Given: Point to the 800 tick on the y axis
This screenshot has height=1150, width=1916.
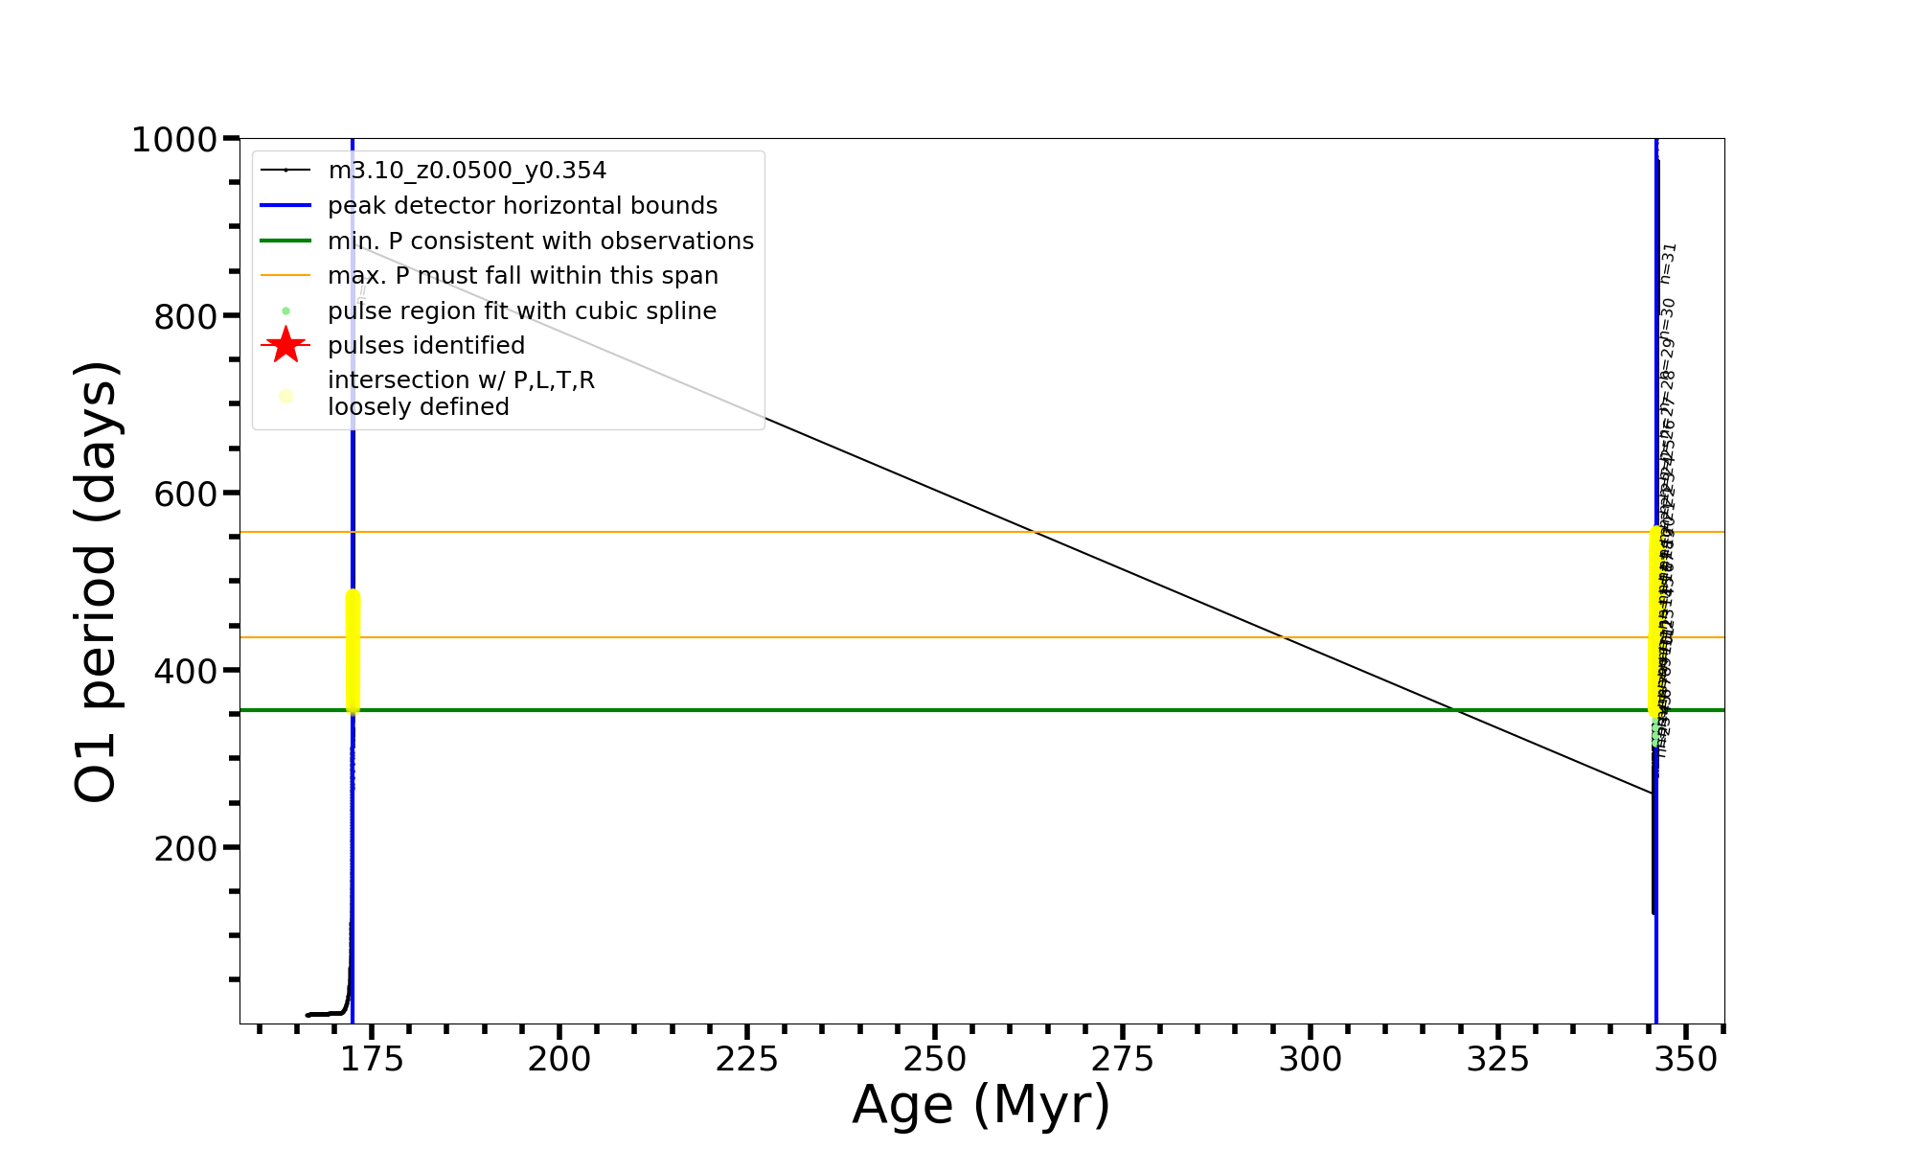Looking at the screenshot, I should pos(186,316).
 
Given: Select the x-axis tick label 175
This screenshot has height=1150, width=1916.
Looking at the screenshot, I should pos(371,1060).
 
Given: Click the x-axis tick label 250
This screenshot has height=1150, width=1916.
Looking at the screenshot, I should pos(934,1060).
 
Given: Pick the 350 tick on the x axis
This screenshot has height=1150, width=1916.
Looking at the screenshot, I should pos(1686,1060).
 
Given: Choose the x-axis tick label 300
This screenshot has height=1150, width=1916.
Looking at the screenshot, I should pos(1310,1060).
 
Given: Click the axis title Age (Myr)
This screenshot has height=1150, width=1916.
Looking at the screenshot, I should pos(981,1105).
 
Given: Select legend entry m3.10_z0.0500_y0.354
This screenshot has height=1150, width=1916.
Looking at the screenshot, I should pos(467,171).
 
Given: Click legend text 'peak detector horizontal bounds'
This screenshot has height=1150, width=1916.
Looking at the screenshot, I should pos(522,206).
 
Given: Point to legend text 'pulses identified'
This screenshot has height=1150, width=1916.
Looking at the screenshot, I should pos(426,345).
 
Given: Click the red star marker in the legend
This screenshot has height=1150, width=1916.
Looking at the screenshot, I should pos(285,345).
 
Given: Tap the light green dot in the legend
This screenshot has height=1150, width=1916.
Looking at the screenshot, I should pos(285,311).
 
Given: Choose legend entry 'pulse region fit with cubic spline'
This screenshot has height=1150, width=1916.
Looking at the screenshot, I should pos(522,311).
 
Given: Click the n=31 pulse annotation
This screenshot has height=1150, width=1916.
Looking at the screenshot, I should pos(1669,263).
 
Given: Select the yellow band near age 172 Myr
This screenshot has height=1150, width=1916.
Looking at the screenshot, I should pos(353,652).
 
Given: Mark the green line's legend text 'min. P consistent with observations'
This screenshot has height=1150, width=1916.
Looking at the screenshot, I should pos(540,241).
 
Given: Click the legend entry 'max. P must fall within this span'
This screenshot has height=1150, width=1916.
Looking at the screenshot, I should pos(523,276).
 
